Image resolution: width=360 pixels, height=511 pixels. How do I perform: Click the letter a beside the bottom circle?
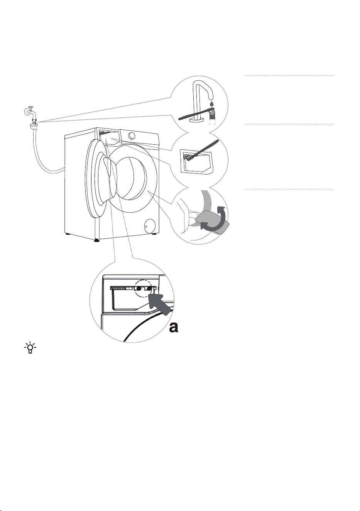pyautogui.click(x=174, y=328)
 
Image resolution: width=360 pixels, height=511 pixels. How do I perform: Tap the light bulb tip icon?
pyautogui.click(x=30, y=348)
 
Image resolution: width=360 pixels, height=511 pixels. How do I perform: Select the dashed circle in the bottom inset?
pyautogui.click(x=144, y=289)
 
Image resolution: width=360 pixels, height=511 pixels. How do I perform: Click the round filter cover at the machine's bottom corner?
pyautogui.click(x=150, y=226)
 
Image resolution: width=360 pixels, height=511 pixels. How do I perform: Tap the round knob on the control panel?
pyautogui.click(x=132, y=136)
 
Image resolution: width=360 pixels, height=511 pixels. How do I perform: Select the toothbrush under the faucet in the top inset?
pyautogui.click(x=196, y=115)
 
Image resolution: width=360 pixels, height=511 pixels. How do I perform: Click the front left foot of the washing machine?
pyautogui.click(x=97, y=240)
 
